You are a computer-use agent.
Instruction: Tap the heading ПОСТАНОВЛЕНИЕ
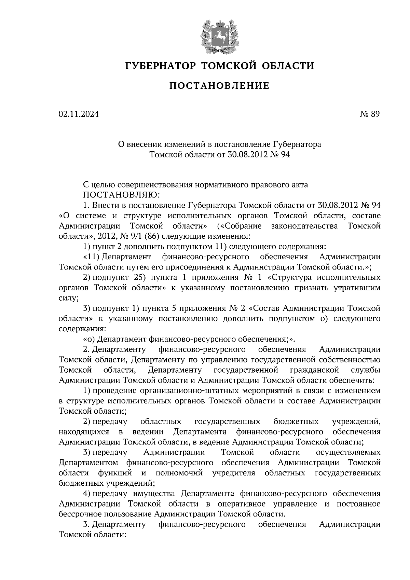point(219,86)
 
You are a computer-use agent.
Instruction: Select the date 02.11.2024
point(79,114)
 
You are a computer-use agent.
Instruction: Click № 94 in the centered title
point(280,155)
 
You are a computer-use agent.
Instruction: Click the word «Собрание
point(239,226)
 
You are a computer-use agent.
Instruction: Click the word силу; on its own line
point(69,298)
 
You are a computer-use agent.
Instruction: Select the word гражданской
point(314,370)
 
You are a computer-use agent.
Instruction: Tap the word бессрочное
point(82,514)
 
